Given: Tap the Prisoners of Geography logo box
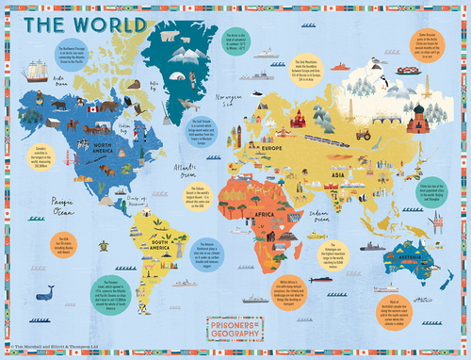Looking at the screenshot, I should (x=235, y=327).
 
